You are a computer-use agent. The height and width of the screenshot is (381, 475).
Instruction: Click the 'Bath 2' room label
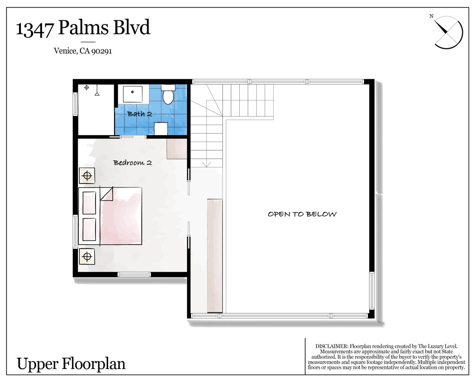tap(140, 114)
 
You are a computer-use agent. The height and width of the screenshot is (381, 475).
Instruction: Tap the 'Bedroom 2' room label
tap(132, 163)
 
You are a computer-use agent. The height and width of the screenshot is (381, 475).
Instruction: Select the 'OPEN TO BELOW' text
tap(302, 214)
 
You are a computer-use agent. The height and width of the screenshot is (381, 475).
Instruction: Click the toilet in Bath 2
tap(168, 94)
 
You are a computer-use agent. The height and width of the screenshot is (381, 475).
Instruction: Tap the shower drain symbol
tap(86, 88)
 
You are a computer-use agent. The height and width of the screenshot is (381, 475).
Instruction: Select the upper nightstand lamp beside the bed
tap(87, 175)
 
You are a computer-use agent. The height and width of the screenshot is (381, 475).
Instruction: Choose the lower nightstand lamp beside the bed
tap(87, 257)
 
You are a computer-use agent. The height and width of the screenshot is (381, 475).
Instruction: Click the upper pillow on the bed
tap(89, 203)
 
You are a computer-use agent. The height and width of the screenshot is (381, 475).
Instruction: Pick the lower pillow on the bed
tap(89, 229)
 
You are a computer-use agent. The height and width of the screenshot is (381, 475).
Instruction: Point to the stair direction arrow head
tap(206, 164)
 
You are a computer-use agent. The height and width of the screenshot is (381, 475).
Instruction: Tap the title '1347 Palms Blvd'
tap(83, 27)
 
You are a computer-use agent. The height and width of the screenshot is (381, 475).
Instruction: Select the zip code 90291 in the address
tap(102, 51)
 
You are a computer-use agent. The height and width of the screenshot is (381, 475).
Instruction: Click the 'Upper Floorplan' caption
tap(71, 364)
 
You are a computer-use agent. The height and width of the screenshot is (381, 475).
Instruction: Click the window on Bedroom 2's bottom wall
tap(134, 275)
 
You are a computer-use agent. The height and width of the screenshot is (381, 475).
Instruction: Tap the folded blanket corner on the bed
tap(106, 194)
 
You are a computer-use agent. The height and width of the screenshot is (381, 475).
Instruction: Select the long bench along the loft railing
tap(215, 256)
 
